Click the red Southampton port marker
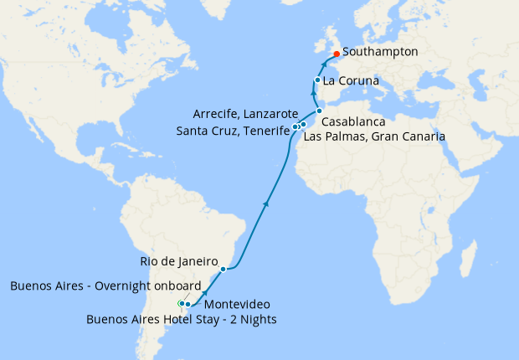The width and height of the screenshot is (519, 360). (x=336, y=54)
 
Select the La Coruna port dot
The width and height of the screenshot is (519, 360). (x=317, y=80)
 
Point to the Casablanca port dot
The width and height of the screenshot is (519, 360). (x=319, y=111)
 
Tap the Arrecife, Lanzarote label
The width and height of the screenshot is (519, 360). (x=244, y=113)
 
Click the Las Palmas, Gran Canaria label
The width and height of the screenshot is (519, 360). (x=373, y=136)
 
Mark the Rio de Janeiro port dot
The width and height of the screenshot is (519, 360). (x=223, y=270)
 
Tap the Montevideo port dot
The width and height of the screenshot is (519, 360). (x=188, y=304)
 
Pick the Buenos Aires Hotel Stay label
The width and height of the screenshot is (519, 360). (x=182, y=319)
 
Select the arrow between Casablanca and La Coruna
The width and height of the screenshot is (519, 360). (x=316, y=95)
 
